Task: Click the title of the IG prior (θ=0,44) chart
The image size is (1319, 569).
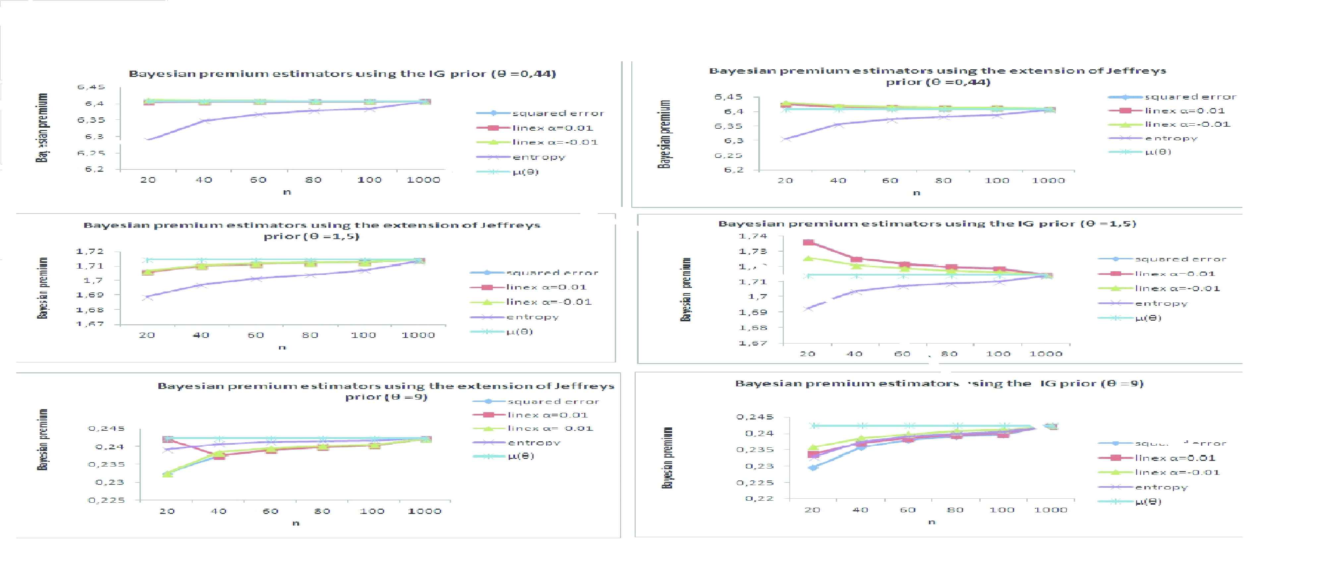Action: [x=342, y=74]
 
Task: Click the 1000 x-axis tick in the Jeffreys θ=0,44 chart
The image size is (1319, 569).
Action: [x=1048, y=180]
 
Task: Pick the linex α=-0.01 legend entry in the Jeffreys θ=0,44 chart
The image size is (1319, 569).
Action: [x=1187, y=124]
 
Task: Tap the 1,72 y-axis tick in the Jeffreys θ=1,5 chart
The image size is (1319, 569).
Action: [x=90, y=251]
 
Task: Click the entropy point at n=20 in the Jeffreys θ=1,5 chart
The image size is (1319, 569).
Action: [x=147, y=296]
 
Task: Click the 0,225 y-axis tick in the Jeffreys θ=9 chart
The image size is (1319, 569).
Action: [x=106, y=500]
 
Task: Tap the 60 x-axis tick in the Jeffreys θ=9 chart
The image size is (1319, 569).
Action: [x=270, y=511]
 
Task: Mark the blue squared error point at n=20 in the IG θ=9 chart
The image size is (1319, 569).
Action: [x=813, y=467]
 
